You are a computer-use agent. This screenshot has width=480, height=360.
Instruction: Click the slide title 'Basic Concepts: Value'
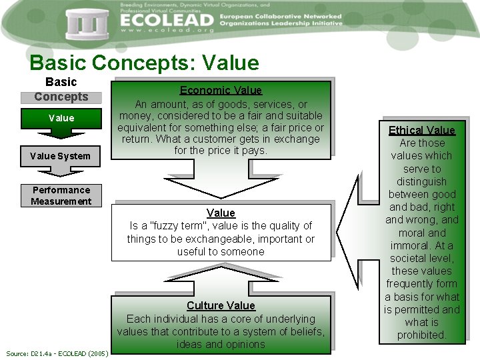click(144, 63)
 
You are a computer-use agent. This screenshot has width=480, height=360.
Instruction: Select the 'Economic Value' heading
click(221, 90)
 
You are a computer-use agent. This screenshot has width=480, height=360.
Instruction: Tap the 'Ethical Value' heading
click(421, 130)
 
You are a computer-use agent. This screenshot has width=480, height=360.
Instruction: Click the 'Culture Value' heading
click(221, 305)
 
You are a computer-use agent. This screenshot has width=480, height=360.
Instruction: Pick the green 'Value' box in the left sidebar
click(61, 118)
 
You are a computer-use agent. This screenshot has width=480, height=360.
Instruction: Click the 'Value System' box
click(61, 156)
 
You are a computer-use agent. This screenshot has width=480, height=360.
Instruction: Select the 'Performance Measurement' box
click(61, 195)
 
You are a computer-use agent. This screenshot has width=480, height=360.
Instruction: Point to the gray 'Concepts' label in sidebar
click(61, 97)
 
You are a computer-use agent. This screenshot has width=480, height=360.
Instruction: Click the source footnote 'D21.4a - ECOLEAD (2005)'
click(58, 352)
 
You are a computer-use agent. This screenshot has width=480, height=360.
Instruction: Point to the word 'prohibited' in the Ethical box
click(421, 335)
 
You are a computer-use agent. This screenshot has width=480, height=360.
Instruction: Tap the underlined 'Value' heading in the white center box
click(221, 213)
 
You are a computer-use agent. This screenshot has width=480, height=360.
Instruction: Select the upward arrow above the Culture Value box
click(221, 276)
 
